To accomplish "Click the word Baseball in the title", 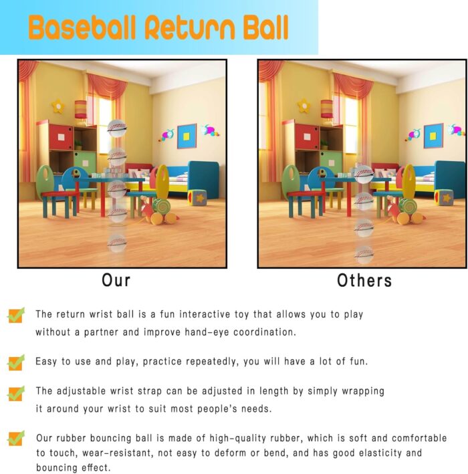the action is tap(82, 27).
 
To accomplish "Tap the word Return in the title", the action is tap(190, 27).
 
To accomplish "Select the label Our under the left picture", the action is tap(116, 280).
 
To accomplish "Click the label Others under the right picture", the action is tap(364, 281).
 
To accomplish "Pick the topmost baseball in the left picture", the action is tap(117, 128).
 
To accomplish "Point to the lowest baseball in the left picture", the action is tap(117, 243).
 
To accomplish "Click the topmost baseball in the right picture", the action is tap(364, 174).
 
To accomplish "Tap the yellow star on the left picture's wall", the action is tap(58, 106).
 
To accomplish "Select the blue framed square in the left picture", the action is tap(187, 136).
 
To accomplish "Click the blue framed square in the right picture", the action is tap(433, 136).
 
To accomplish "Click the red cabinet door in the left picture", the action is tap(61, 137).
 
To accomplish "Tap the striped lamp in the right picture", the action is tap(326, 109).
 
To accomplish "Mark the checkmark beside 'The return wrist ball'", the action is tap(16, 315).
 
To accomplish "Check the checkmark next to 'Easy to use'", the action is tap(16, 362).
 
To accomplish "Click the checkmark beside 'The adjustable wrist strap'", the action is tap(16, 393).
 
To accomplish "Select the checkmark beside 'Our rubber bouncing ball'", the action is tap(16, 439).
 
